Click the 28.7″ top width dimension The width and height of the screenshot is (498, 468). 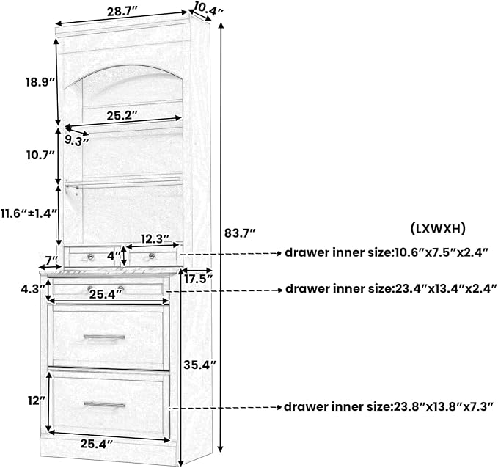point(122,12)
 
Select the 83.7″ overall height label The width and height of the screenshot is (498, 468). point(240,233)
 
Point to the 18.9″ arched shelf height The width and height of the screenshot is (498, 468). point(40,82)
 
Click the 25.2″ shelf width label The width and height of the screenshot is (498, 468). point(122,116)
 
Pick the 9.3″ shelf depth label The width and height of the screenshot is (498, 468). point(76,140)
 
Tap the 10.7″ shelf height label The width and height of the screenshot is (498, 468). point(40,156)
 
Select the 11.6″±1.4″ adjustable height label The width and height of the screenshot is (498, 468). point(29,213)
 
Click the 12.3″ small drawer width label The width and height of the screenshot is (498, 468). point(155,238)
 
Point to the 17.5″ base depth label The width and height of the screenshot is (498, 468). point(198,279)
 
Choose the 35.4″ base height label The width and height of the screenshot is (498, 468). point(199,365)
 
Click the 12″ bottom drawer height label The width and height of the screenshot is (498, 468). point(37,401)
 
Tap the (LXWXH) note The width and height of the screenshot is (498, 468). point(438,228)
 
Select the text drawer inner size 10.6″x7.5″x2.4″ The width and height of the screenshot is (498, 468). point(387,253)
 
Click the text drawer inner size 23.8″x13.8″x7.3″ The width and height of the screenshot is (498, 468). point(389,406)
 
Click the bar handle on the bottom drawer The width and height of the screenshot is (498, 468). point(104,405)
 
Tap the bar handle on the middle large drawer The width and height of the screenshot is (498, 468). point(104,337)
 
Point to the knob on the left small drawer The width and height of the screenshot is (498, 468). point(90,256)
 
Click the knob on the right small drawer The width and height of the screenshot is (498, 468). point(152,256)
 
